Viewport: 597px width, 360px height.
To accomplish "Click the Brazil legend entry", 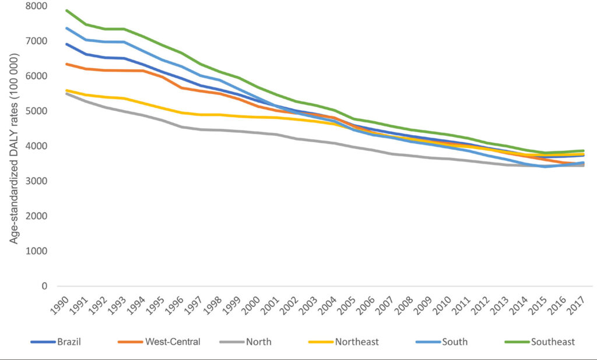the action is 56,342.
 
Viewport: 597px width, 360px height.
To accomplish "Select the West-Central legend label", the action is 159,342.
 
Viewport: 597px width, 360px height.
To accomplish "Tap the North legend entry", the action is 245,342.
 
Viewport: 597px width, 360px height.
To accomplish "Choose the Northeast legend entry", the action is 343,342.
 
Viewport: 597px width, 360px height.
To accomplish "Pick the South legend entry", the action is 442,342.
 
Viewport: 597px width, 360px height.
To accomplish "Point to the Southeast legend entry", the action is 540,342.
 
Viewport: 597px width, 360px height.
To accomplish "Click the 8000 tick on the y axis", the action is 37,6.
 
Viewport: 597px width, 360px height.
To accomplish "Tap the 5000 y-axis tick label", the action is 37,111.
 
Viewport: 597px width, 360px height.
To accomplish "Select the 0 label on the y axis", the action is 44,286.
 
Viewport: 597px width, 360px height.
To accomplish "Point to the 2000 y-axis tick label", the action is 37,216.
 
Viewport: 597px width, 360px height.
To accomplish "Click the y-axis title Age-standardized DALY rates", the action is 14,149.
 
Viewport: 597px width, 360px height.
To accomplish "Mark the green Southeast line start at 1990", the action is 66,10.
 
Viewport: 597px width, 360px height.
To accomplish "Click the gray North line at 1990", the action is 66,93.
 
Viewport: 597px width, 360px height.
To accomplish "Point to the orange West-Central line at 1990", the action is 66,64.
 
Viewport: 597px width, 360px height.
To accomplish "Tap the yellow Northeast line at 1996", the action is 182,112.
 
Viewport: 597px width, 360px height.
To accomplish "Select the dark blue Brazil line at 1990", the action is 66,44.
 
